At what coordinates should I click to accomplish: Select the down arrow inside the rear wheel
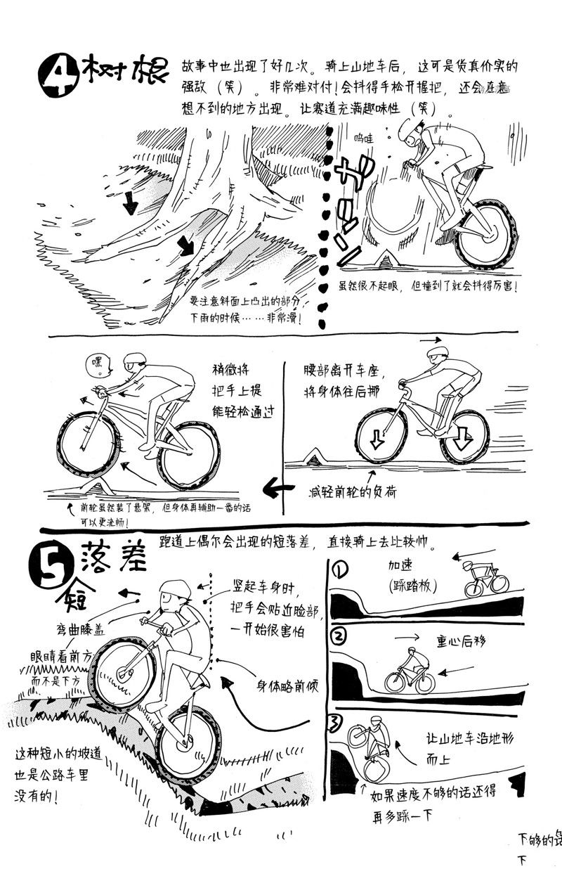tap(462, 440)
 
